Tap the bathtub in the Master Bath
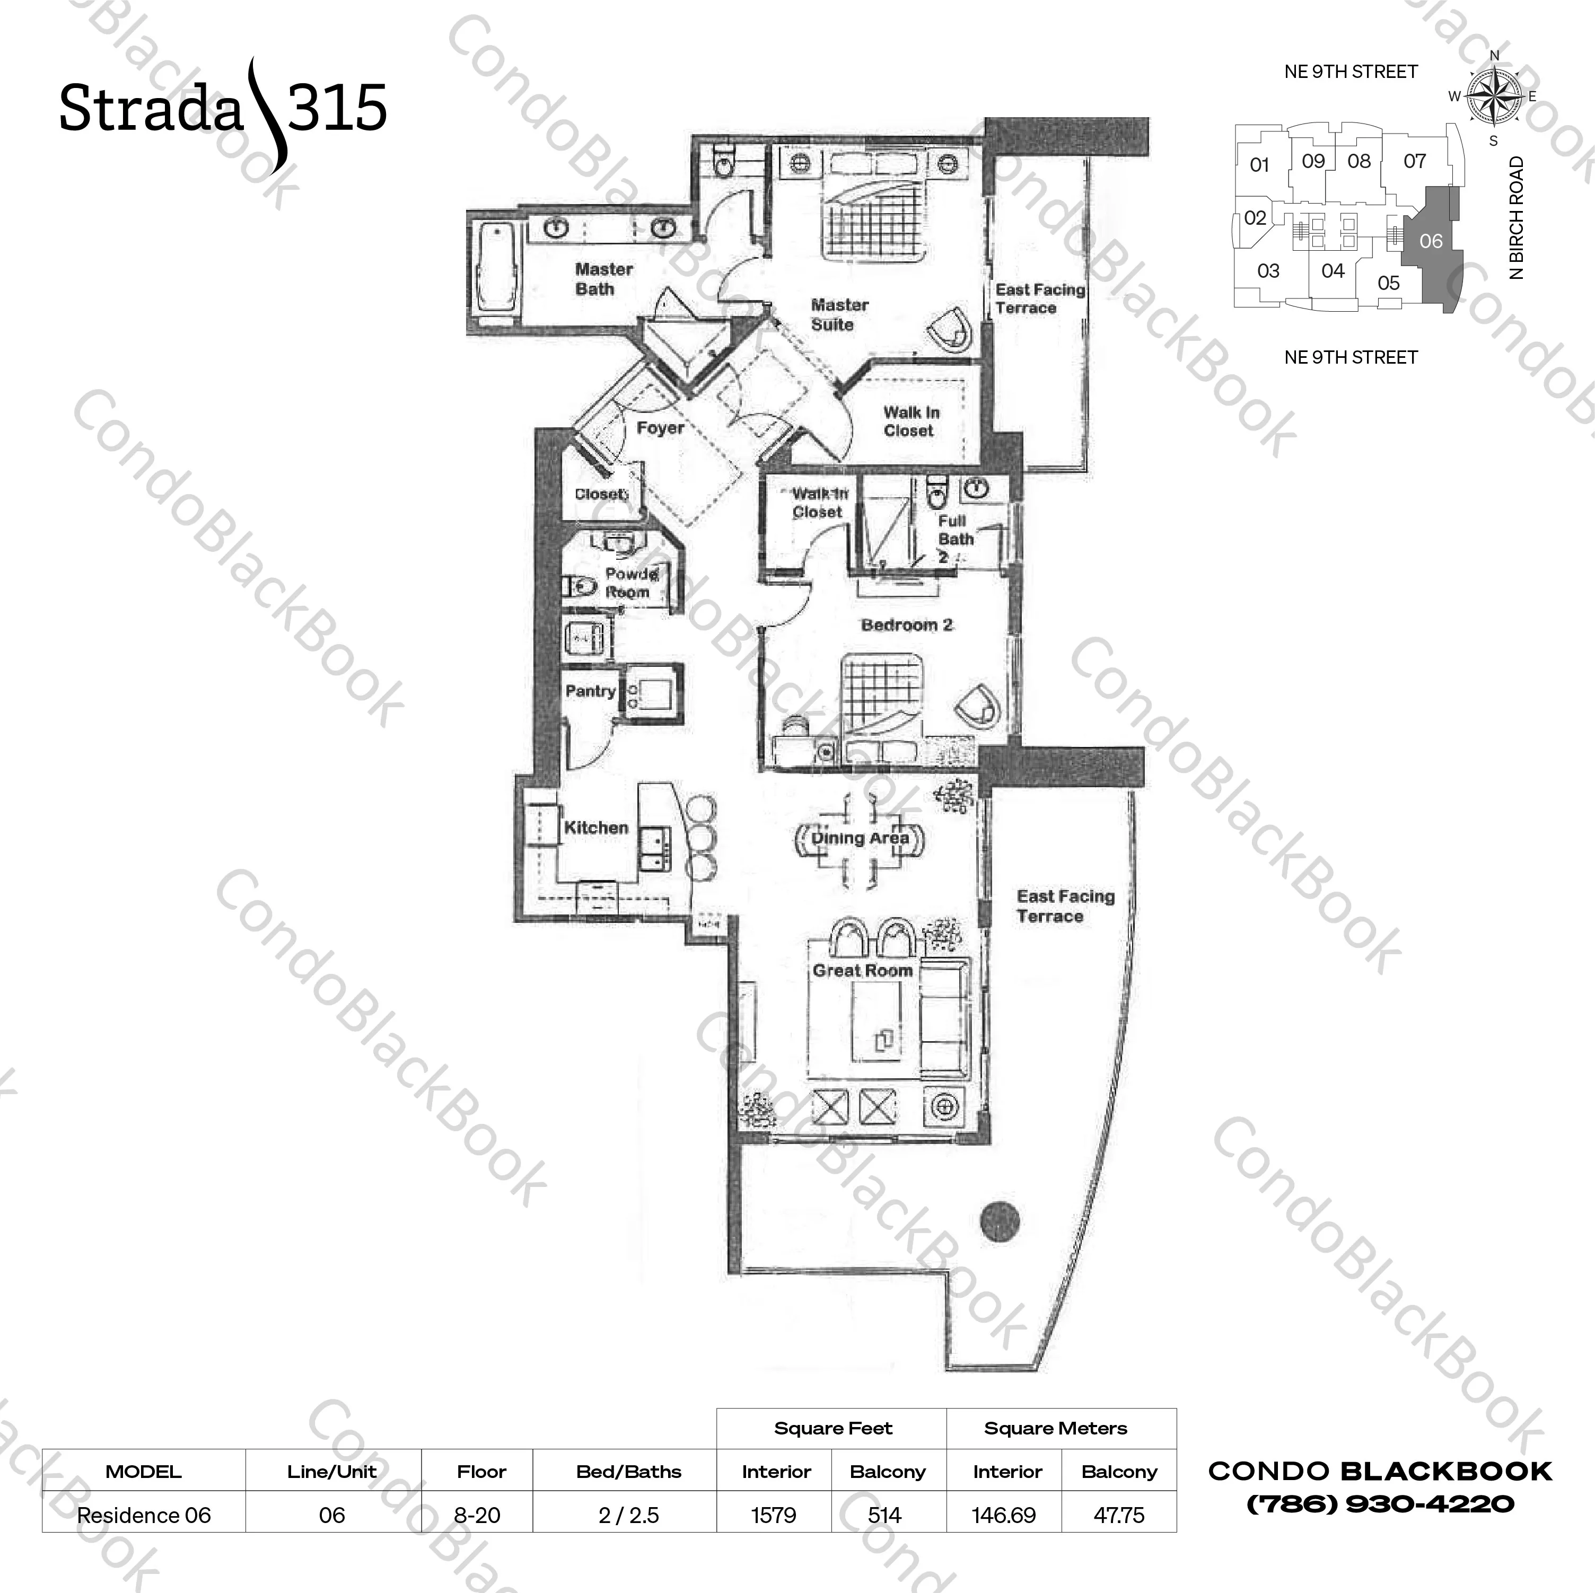click(x=495, y=263)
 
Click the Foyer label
click(x=660, y=428)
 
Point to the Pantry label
click(x=590, y=691)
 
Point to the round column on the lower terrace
click(x=999, y=1219)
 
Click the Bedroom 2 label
click(x=906, y=625)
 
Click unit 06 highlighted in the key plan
click(x=1431, y=241)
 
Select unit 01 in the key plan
click(x=1259, y=165)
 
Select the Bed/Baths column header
click(x=628, y=1471)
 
